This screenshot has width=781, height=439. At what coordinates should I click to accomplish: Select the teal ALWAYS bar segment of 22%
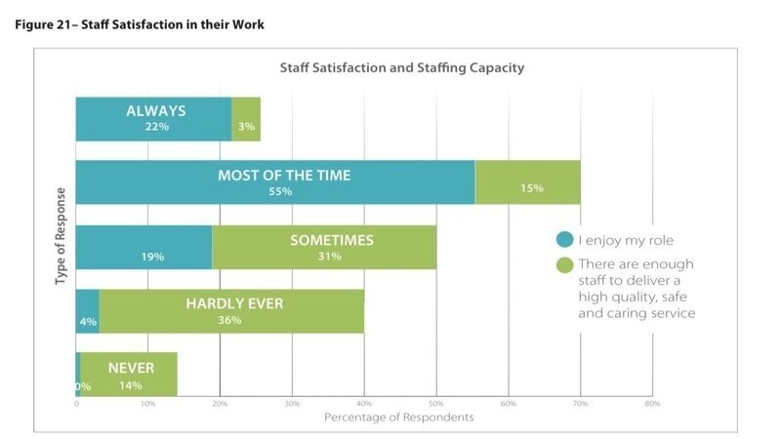point(153,119)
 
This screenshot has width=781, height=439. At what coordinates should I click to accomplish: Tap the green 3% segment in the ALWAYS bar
point(246,119)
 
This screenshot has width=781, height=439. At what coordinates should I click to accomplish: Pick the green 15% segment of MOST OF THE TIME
point(528,182)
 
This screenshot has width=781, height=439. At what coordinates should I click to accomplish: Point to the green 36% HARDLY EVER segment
point(231,310)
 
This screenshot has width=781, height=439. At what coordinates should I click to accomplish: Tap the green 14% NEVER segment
point(129,375)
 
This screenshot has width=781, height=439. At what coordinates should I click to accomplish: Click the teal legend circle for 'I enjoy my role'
point(564,239)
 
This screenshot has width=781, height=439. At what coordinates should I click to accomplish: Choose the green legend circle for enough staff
point(564,264)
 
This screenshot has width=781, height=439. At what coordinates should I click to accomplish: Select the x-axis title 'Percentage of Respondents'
point(398,418)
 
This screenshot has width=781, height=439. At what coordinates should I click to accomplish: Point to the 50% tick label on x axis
point(436,403)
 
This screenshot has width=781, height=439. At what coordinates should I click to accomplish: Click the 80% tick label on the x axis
point(652,403)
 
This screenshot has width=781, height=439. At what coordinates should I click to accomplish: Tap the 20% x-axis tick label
point(221,403)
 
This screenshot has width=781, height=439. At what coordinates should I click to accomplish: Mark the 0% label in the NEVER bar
point(83,386)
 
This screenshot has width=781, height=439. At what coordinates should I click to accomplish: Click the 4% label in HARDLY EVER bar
point(89,321)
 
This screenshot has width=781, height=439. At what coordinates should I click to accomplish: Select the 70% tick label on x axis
point(580,403)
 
